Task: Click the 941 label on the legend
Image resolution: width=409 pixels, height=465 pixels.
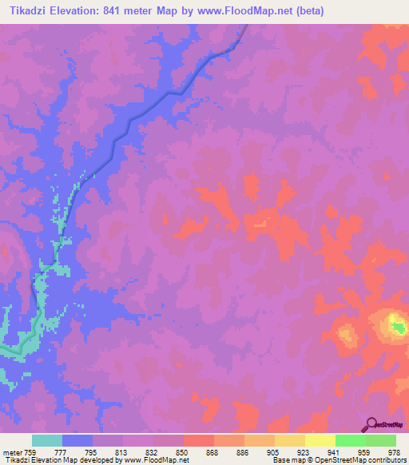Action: [332, 451]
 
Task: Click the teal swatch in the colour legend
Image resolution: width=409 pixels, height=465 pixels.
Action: [47, 440]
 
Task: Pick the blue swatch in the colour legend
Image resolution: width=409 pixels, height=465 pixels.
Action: [77, 440]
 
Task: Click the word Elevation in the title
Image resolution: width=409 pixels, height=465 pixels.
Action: [78, 11]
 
